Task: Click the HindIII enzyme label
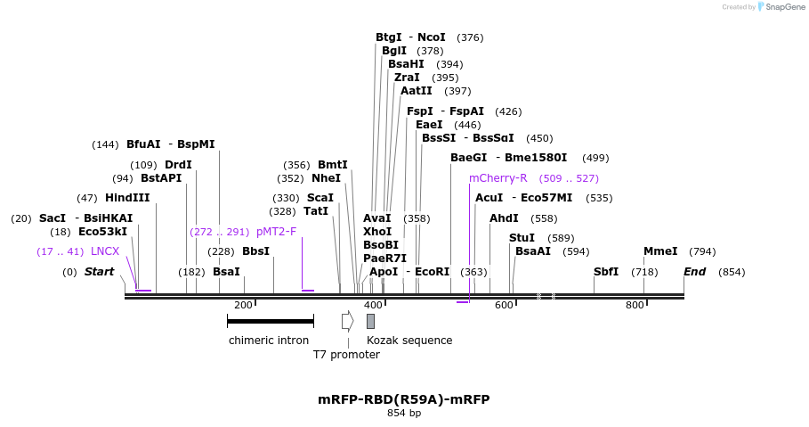pos(127,198)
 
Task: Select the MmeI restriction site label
pos(660,251)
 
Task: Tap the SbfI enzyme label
pos(606,272)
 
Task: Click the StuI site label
pos(522,238)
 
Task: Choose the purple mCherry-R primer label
pos(498,178)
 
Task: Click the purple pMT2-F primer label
pos(276,232)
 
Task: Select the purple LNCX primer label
pos(105,251)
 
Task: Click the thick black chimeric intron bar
pos(270,321)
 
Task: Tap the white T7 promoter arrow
pos(347,321)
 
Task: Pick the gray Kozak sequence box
pos(370,321)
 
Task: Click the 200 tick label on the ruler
pos(243,306)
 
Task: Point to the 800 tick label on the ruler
pos(635,306)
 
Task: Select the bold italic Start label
pos(99,272)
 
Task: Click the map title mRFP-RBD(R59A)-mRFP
pos(404,399)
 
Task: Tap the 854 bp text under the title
pos(404,414)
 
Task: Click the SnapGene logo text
pos(784,7)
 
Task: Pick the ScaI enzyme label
pos(320,198)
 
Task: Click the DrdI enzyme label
pos(178,165)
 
